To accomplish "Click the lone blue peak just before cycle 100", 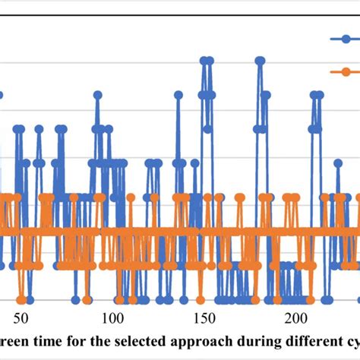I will [97, 95].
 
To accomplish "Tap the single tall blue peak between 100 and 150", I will [178, 95].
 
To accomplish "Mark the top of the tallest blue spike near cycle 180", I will [260, 59].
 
